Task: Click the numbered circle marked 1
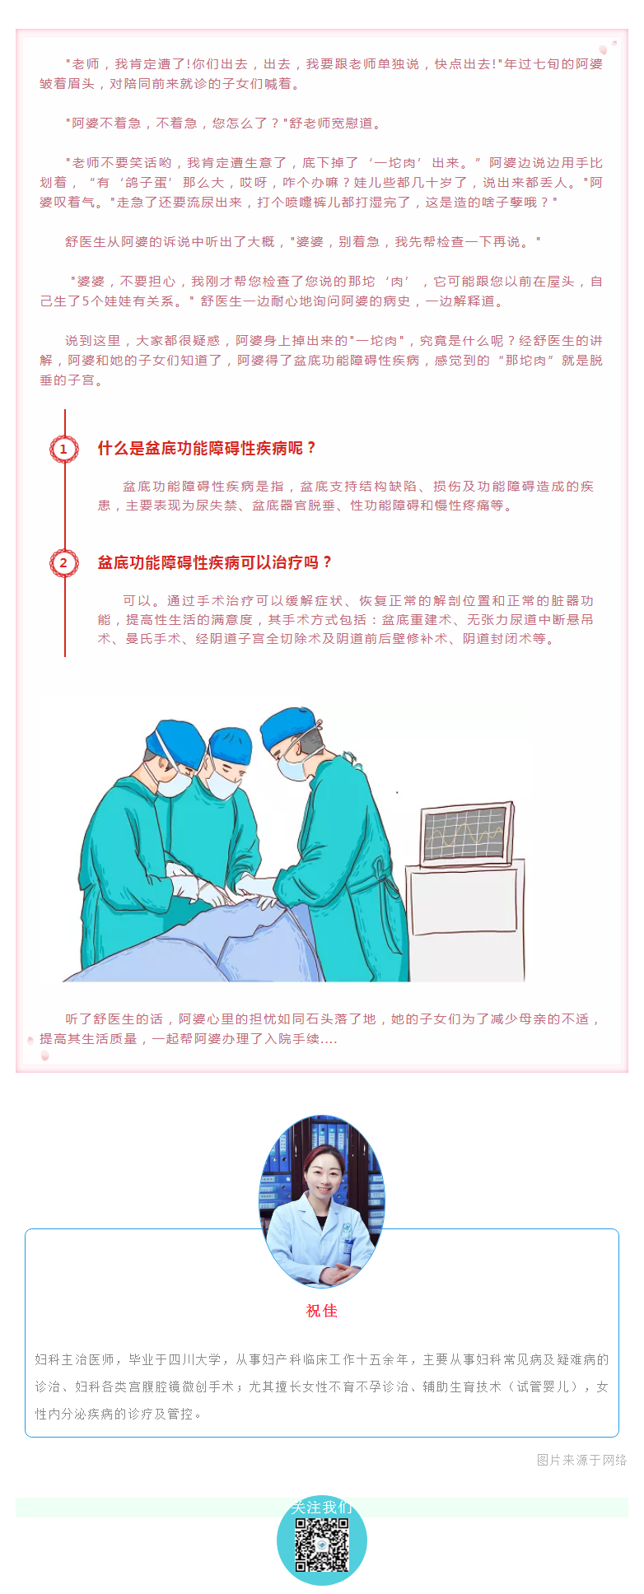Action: pyautogui.click(x=63, y=450)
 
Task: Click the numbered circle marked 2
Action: pyautogui.click(x=63, y=563)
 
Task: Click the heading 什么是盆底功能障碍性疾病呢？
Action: pyautogui.click(x=208, y=449)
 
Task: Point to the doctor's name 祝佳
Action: pyautogui.click(x=322, y=1311)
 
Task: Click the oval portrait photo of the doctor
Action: pyautogui.click(x=322, y=1201)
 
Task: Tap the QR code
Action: pyautogui.click(x=322, y=1544)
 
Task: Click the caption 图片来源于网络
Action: pyautogui.click(x=581, y=1460)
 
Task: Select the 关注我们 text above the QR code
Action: pyautogui.click(x=322, y=1508)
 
